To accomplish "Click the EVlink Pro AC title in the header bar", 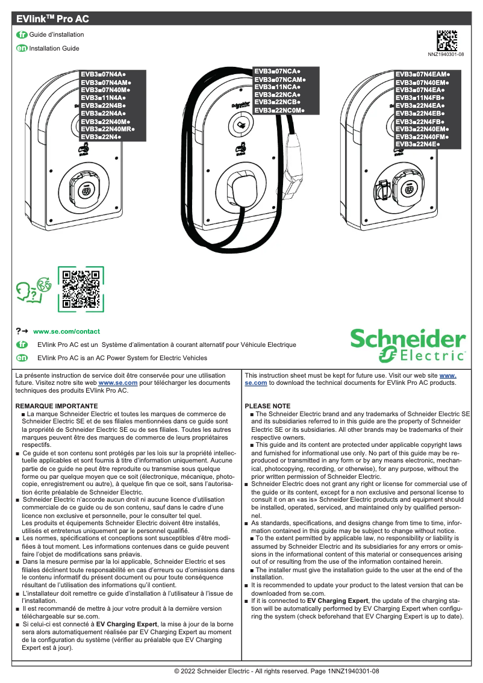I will coord(53,19).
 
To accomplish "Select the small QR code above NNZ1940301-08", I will coord(446,40).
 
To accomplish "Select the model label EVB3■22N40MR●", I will coord(108,129).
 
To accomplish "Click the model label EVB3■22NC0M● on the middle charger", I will coord(279,111).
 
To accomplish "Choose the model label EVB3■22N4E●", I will coord(417,145).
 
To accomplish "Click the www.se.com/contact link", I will coord(66,331).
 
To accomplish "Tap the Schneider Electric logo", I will coord(408,345).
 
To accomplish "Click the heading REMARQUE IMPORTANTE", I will coord(57,407).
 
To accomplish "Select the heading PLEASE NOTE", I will coord(267,406).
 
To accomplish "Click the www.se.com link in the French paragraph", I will coord(118,382).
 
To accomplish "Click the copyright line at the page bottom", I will coord(276,671).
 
